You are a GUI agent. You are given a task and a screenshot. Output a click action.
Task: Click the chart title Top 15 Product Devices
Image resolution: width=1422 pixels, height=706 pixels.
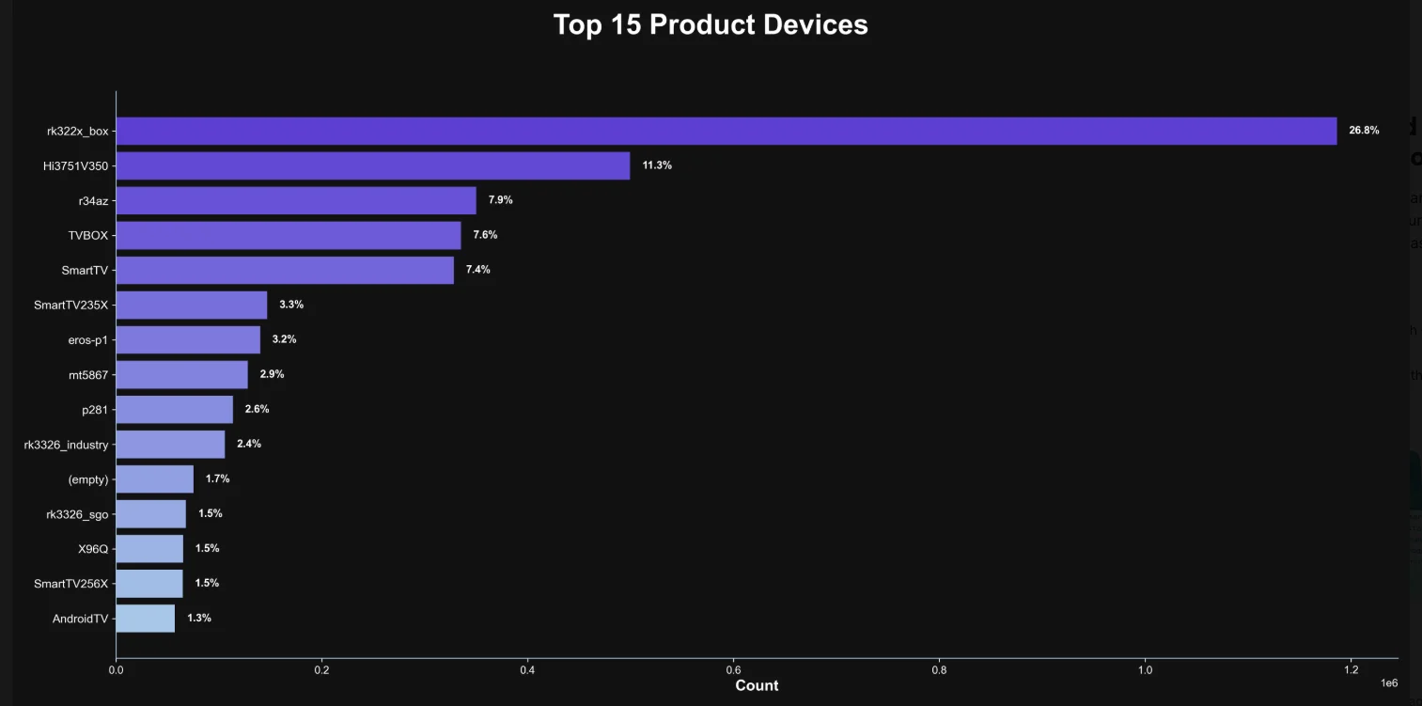click(x=711, y=24)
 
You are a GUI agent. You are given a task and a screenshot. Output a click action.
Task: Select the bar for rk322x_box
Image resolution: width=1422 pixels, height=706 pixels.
click(x=726, y=131)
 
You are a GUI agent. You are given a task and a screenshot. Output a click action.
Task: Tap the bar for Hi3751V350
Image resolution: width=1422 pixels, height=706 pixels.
click(x=372, y=165)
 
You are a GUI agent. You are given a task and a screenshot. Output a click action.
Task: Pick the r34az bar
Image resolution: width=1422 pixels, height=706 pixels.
click(x=295, y=200)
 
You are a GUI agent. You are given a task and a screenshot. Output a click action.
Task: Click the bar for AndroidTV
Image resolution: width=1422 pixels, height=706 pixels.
click(x=145, y=618)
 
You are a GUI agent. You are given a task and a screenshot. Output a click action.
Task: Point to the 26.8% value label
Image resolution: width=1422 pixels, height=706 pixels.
click(x=1364, y=131)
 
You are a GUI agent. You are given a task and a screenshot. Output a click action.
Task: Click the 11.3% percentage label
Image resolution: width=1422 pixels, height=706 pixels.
click(x=657, y=165)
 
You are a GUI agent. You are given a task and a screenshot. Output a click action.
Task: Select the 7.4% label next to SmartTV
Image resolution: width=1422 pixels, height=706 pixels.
click(x=478, y=270)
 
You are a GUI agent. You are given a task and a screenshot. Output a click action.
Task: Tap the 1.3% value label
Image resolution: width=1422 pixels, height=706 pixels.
click(x=199, y=618)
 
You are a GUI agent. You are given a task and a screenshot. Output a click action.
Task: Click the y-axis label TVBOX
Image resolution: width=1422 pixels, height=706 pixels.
click(x=88, y=235)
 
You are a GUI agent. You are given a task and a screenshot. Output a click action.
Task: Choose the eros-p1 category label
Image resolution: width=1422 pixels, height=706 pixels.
click(x=88, y=339)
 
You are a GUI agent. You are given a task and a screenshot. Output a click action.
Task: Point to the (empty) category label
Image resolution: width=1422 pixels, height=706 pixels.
click(x=88, y=479)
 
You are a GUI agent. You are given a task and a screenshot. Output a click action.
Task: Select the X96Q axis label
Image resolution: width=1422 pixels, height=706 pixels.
click(x=93, y=549)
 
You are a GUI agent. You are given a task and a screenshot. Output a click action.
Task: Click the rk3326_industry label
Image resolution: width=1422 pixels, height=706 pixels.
click(x=66, y=445)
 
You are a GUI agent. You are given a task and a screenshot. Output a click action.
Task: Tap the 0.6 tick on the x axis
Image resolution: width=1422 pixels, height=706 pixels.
click(x=733, y=670)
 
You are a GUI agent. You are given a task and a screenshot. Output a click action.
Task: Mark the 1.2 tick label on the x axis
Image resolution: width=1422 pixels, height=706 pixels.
click(x=1351, y=670)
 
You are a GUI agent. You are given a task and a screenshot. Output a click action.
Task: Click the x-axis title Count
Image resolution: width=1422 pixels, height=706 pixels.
click(x=757, y=686)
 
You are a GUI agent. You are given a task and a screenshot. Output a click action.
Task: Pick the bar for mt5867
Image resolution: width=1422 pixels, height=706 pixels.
click(x=181, y=374)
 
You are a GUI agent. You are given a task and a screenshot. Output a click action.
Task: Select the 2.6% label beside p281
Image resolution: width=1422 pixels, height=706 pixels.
click(x=257, y=409)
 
